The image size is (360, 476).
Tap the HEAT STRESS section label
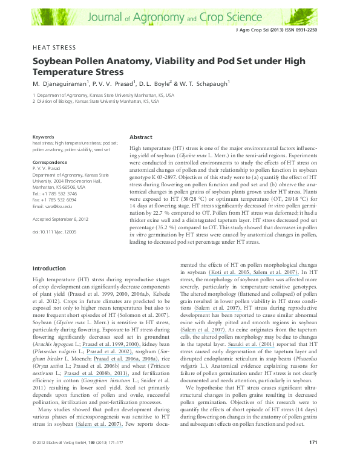pyautogui.click(x=54, y=47)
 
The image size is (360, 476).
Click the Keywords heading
pyautogui.click(x=44, y=137)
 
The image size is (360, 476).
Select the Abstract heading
pyautogui.click(x=141, y=137)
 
